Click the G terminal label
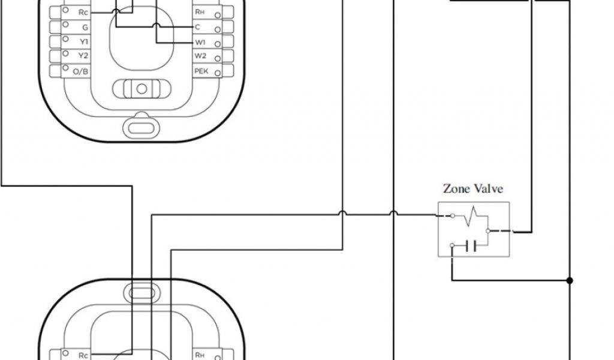(85, 27)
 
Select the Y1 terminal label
(83, 41)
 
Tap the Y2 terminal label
(83, 56)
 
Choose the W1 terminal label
(200, 42)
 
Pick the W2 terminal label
(200, 56)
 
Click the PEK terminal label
(200, 71)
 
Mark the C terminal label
(197, 27)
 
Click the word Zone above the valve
(456, 188)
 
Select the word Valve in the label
(489, 188)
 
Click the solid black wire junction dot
(569, 280)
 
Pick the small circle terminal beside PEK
(217, 73)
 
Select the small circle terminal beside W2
(217, 59)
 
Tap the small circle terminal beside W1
(217, 44)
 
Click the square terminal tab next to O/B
(56, 71)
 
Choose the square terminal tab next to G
(56, 27)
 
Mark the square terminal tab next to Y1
(56, 41)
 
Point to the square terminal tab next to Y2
(56, 56)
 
